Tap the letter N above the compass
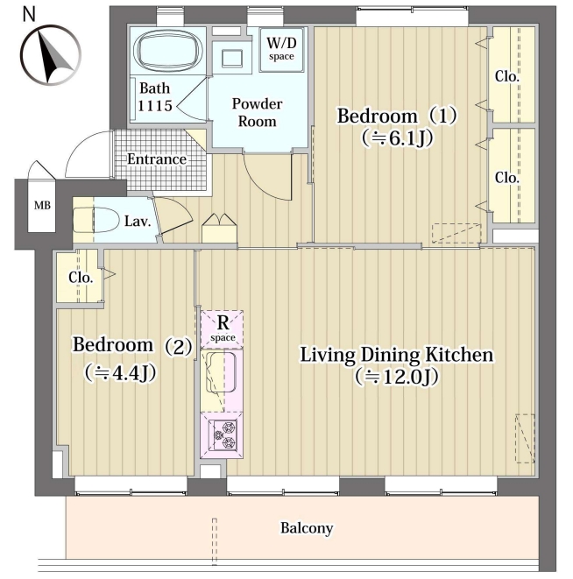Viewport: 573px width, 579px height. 29,14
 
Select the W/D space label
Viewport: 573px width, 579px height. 281,48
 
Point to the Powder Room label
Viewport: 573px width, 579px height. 257,112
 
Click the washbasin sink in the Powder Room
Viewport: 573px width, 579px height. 232,59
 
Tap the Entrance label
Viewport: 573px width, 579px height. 157,159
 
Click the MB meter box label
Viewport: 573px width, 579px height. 42,205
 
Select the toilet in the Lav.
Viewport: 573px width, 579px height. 95,221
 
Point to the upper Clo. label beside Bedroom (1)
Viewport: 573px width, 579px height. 507,76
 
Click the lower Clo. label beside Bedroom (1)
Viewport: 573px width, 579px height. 507,178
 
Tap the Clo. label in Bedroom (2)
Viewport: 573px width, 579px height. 81,278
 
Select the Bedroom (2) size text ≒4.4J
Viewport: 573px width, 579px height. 120,373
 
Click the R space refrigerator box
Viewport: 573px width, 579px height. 222,329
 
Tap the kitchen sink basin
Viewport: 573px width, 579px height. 221,372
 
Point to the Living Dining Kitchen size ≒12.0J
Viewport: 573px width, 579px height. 397,377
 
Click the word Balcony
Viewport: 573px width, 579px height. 307,528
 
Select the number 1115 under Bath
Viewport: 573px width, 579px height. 155,106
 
